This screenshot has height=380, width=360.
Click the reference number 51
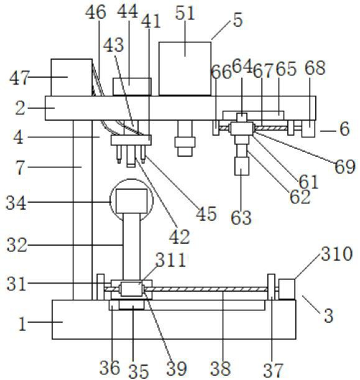click(x=185, y=13)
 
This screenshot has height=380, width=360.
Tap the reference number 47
click(x=19, y=78)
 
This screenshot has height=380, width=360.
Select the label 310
click(x=336, y=254)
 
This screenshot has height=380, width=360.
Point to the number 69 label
click(x=345, y=167)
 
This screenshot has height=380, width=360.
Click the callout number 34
click(x=16, y=203)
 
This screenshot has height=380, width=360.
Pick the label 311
click(x=171, y=260)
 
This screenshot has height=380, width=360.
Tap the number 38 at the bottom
click(x=220, y=368)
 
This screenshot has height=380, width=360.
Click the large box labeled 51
click(x=185, y=68)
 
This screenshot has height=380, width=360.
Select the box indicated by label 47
click(x=72, y=77)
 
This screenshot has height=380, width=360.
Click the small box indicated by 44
click(x=132, y=86)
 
